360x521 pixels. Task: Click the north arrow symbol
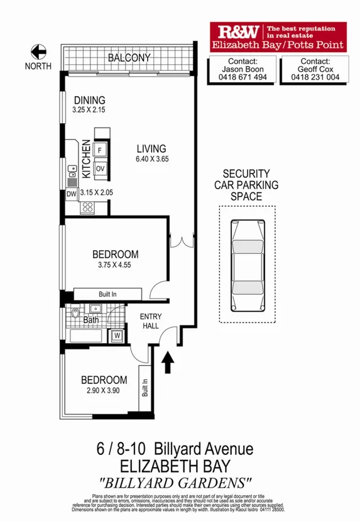click(x=39, y=52)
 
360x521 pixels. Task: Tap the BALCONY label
click(x=129, y=58)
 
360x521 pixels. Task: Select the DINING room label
click(x=89, y=101)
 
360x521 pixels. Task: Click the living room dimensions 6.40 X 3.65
click(x=153, y=159)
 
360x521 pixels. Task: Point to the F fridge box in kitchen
click(x=100, y=150)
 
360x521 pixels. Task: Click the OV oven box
click(x=100, y=168)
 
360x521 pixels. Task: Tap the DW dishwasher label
click(x=71, y=194)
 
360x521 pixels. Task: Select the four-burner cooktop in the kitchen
click(x=87, y=207)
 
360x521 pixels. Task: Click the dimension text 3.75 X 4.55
click(x=114, y=265)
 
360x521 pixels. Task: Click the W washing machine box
click(x=117, y=336)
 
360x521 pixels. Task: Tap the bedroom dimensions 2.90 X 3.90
click(x=104, y=390)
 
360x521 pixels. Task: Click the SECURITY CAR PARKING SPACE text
click(x=246, y=185)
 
